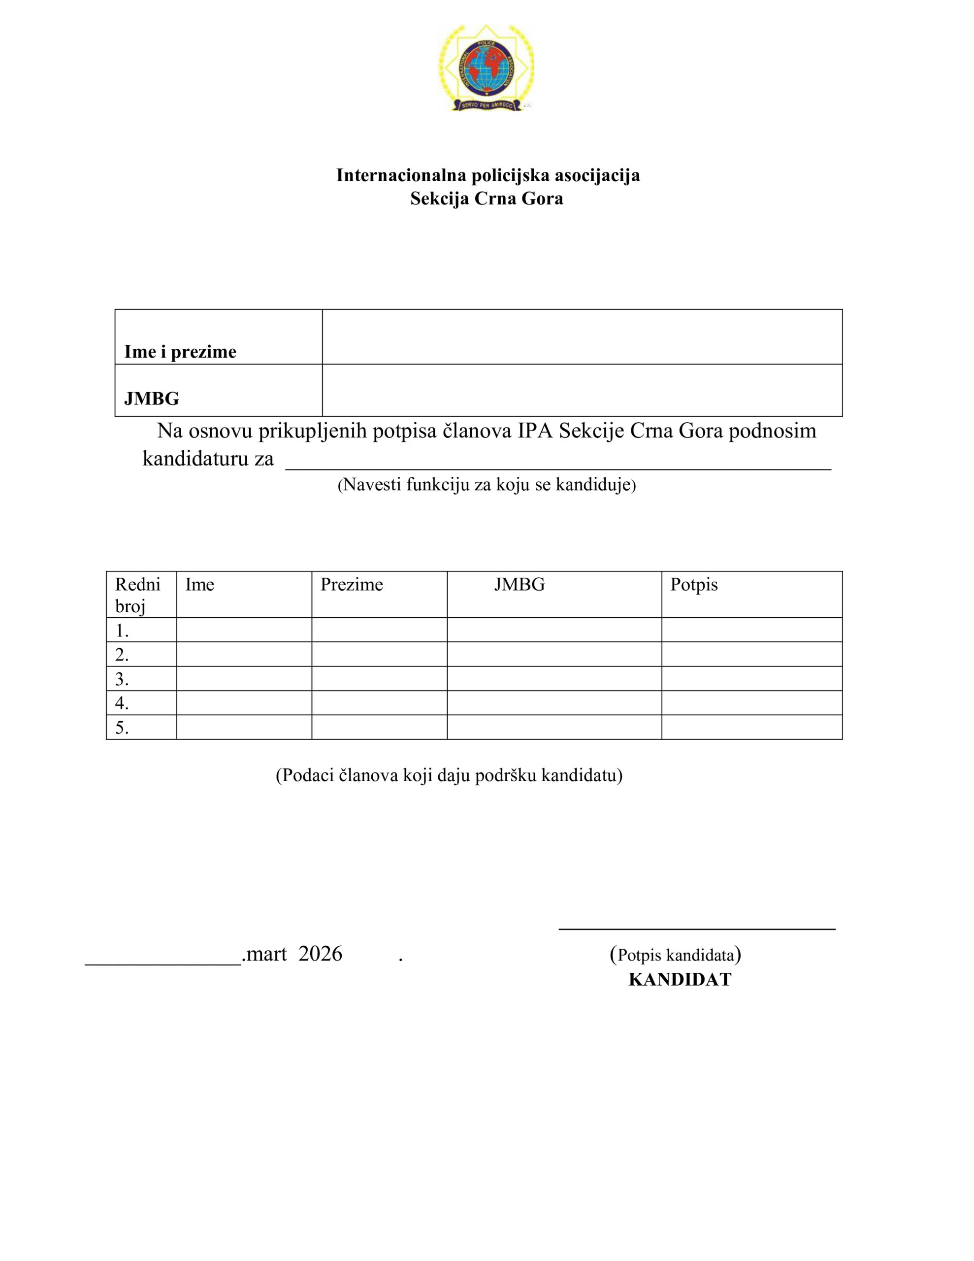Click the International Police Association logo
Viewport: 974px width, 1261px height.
(486, 68)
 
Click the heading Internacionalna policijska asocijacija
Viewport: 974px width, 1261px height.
(488, 175)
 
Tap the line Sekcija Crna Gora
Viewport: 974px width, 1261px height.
(487, 199)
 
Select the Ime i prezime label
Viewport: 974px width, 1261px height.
(180, 352)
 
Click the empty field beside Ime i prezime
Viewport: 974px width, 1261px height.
(582, 336)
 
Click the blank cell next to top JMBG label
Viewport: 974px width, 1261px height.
(582, 390)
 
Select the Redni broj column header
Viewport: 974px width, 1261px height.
(137, 595)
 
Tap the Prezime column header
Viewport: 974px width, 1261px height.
(352, 584)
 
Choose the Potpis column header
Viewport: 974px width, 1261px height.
(693, 584)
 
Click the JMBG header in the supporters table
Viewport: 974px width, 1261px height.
(519, 584)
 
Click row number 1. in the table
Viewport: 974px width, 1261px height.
(122, 630)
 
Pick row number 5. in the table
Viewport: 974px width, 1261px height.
(122, 728)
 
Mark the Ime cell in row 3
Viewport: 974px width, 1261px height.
(244, 678)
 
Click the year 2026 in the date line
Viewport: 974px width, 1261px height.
(320, 953)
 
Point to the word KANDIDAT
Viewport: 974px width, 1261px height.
(680, 980)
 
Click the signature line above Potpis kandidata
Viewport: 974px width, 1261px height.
(697, 928)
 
